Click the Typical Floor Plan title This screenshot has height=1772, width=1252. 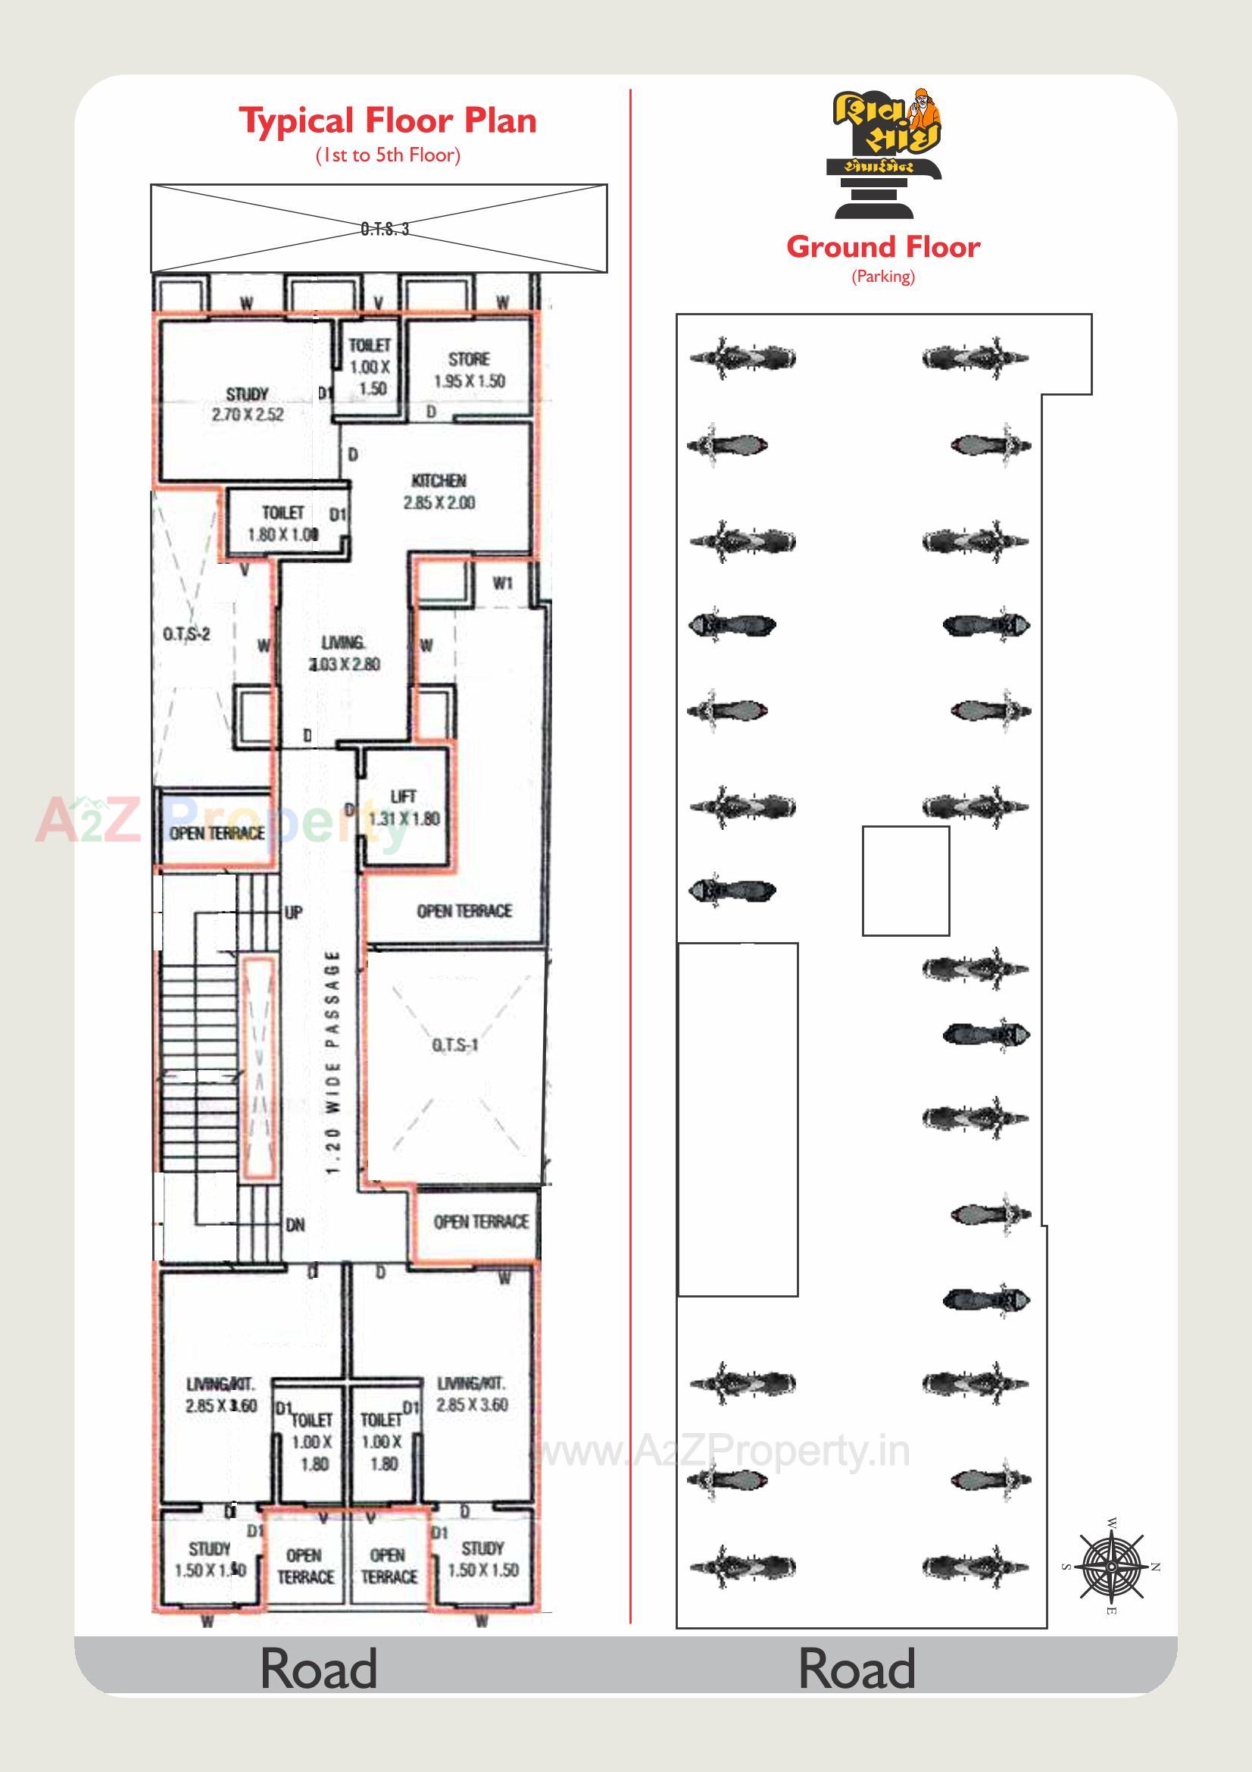pyautogui.click(x=387, y=121)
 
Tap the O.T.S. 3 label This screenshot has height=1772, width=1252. pyautogui.click(x=384, y=228)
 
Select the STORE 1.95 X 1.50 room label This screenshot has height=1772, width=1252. pyautogui.click(x=469, y=370)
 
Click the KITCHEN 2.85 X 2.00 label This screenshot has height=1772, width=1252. pyautogui.click(x=439, y=492)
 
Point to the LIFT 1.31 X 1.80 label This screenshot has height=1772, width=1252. pyautogui.click(x=404, y=807)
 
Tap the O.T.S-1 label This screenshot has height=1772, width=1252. pyautogui.click(x=455, y=1045)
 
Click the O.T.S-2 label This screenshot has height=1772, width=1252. pyautogui.click(x=186, y=634)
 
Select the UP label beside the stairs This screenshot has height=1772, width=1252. pyautogui.click(x=293, y=913)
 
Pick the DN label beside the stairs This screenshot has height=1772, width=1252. pyautogui.click(x=295, y=1224)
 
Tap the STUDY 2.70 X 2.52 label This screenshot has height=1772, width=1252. pyautogui.click(x=247, y=405)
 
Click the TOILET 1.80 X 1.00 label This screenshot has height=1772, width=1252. pyautogui.click(x=283, y=523)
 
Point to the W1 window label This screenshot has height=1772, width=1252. pyautogui.click(x=502, y=584)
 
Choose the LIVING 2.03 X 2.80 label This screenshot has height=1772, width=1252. pyautogui.click(x=344, y=653)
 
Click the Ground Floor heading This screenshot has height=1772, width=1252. pyautogui.click(x=882, y=247)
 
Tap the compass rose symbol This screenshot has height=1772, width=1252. pyautogui.click(x=1110, y=1567)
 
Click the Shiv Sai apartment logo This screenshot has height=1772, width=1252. pyautogui.click(x=886, y=154)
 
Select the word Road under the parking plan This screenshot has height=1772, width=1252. pyautogui.click(x=857, y=1669)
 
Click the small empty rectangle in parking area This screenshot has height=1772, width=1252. pyautogui.click(x=905, y=881)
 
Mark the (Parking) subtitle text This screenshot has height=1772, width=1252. pyautogui.click(x=882, y=277)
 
